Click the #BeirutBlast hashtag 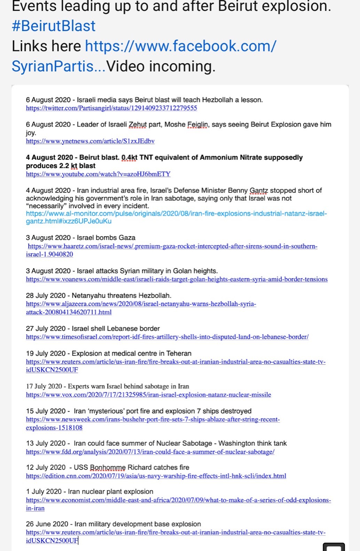click(53, 26)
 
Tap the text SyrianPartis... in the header click(58, 66)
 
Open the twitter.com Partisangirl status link click(111, 108)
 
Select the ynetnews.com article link click(90, 141)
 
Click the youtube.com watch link click(98, 174)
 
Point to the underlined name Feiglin click(197, 125)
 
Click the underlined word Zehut click(138, 125)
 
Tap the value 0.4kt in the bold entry click(129, 158)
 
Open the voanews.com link click(177, 279)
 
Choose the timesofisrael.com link click(167, 337)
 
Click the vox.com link click(148, 395)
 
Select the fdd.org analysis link click(150, 452)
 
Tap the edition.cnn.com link click(156, 476)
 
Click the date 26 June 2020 click(47, 524)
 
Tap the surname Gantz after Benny click(259, 191)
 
